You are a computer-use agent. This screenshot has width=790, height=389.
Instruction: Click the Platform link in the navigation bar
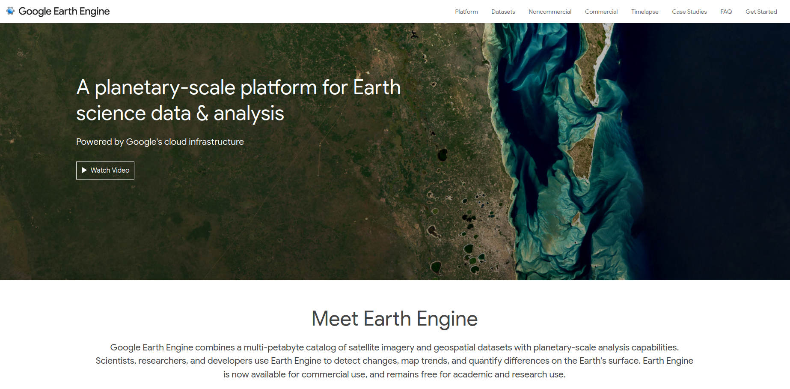pos(466,12)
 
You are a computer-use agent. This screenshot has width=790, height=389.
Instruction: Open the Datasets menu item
pos(503,12)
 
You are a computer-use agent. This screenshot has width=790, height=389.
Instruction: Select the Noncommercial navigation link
pos(549,12)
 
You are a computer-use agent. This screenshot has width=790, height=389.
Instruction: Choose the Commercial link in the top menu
pos(601,12)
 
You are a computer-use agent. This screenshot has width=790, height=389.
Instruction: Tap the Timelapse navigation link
pos(644,12)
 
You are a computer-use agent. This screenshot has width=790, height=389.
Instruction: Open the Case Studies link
pos(689,12)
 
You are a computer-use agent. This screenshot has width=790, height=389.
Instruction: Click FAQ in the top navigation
pos(726,12)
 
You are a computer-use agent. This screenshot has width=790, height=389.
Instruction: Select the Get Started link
pos(761,12)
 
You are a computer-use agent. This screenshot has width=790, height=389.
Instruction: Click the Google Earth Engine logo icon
pos(10,11)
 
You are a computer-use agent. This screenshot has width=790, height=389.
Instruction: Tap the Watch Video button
pos(105,171)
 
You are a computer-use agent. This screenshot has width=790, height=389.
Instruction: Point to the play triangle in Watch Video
pos(84,171)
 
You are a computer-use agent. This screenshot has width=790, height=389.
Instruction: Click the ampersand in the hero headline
pos(202,114)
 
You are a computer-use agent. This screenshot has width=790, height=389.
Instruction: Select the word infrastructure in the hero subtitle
pos(216,142)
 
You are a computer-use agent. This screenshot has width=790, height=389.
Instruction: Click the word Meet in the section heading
pos(335,319)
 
